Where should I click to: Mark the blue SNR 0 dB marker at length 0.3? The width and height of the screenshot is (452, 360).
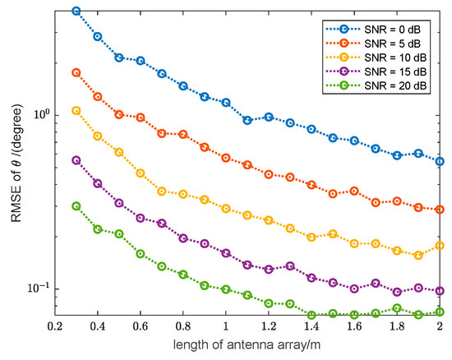pos(76,11)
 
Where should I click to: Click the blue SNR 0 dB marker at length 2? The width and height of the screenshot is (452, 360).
pos(440,162)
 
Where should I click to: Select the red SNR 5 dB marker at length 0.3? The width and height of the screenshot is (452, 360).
pos(76,72)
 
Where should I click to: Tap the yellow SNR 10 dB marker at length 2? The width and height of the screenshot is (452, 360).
pos(440,246)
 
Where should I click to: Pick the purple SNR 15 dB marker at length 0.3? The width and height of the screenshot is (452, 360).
pos(76,160)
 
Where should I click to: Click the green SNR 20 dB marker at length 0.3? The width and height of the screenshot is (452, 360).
pos(76,206)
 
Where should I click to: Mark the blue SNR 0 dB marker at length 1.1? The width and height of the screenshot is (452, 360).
pos(247,120)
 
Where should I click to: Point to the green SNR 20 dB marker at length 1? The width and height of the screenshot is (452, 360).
pos(226,288)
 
